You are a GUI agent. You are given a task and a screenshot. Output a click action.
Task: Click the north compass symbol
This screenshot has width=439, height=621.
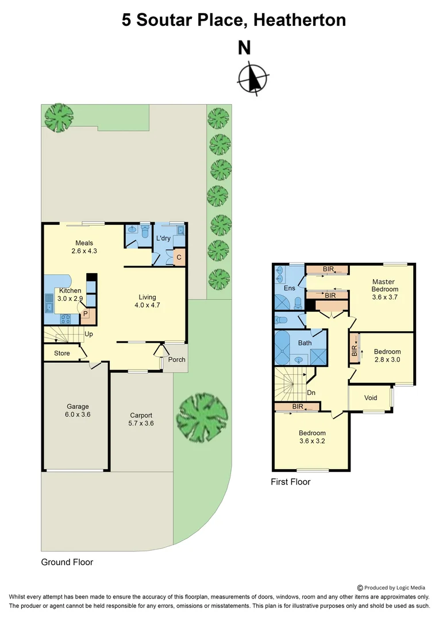[x=253, y=78]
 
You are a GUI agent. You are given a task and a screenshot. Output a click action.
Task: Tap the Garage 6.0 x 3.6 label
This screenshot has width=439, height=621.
[x=78, y=411]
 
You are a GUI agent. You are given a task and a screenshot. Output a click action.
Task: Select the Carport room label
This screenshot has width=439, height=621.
[x=141, y=419]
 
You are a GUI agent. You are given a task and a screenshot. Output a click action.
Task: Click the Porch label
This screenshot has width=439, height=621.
[x=176, y=360]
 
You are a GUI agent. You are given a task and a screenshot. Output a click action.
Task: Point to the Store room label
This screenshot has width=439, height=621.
[x=62, y=353]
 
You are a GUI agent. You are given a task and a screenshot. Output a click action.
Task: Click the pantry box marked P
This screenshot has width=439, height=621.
[x=85, y=314]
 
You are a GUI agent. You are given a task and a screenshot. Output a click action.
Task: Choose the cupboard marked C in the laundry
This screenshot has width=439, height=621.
[x=179, y=257]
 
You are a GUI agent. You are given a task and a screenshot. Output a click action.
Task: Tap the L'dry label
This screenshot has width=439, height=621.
[x=163, y=238]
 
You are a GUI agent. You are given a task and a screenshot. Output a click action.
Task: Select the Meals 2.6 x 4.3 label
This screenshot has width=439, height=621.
[x=84, y=247]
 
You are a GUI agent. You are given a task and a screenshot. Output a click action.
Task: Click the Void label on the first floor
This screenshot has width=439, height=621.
[x=371, y=397]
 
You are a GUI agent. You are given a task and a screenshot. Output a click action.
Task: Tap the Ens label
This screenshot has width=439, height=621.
[x=289, y=287]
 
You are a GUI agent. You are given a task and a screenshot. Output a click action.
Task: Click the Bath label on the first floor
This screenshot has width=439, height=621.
[x=305, y=343]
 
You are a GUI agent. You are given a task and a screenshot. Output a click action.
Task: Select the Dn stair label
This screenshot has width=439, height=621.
[x=312, y=393]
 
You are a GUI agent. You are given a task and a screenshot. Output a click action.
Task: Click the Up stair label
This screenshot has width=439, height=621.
[x=89, y=333]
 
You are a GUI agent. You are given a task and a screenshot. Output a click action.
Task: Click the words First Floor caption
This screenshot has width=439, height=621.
[x=290, y=482]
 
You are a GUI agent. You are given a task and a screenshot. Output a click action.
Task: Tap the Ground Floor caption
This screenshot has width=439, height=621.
[x=67, y=562]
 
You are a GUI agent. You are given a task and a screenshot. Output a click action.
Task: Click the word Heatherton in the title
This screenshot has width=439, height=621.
[x=299, y=21]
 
